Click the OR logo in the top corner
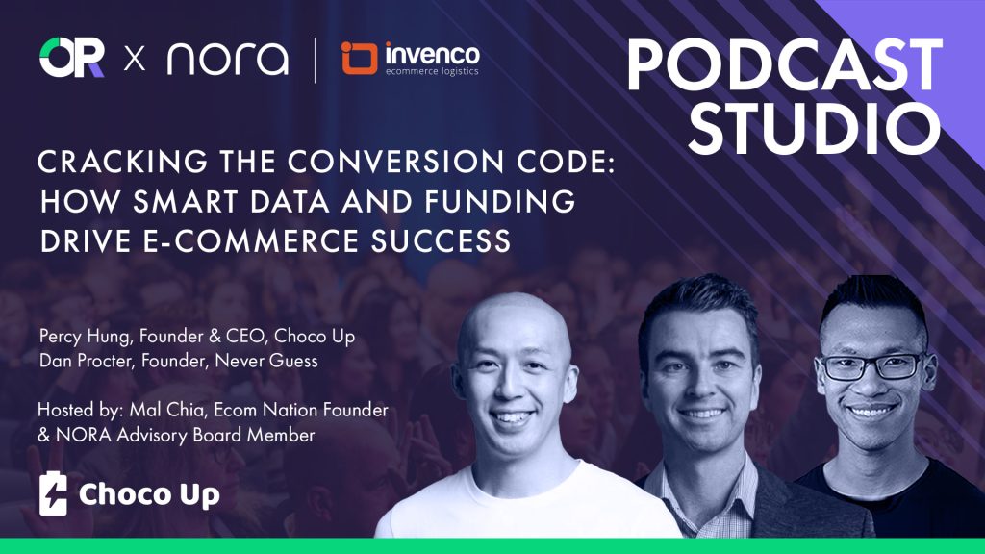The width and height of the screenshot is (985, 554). click(71, 58)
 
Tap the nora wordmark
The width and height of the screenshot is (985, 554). click(228, 60)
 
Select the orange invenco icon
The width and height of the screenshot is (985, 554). click(359, 59)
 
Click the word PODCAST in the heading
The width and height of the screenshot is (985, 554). click(785, 65)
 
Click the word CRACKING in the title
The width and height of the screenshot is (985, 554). click(122, 162)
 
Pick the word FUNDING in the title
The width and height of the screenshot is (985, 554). click(500, 202)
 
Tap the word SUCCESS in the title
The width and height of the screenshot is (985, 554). click(441, 241)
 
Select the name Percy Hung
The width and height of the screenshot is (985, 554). click(85, 337)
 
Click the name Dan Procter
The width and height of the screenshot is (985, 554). click(85, 361)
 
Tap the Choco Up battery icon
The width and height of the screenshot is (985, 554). click(53, 494)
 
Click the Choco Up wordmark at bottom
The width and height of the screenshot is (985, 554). click(149, 495)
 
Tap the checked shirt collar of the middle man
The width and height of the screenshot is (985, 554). click(703, 484)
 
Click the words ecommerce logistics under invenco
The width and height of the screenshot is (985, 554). click(432, 71)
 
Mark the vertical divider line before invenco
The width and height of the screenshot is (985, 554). click(315, 61)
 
